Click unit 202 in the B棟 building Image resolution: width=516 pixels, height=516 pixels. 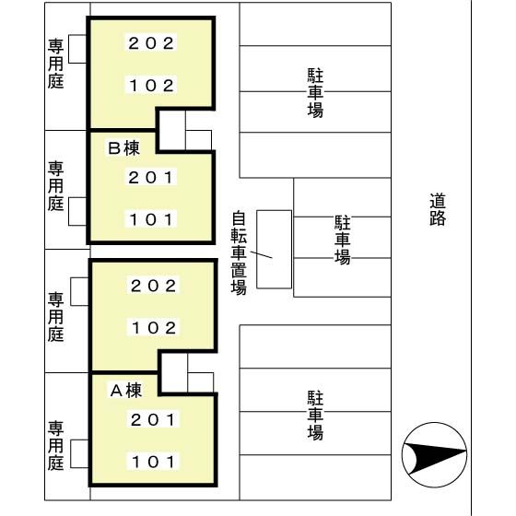pos(151,43)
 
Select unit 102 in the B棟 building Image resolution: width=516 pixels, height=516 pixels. pos(151,86)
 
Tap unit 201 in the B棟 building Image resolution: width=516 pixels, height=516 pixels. pos(150,178)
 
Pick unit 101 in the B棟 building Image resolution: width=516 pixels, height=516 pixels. pos(151,219)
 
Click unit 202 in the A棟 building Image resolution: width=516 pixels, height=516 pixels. pos(153,286)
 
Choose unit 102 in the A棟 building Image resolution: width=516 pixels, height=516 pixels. pos(153,328)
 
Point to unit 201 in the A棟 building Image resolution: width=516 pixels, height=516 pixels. pos(153,419)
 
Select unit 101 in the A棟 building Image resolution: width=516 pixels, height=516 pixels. pos(153,462)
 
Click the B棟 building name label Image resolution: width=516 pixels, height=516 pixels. pos(124,148)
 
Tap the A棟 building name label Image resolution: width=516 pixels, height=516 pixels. pos(126,391)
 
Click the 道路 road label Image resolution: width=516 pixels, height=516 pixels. pos(438,209)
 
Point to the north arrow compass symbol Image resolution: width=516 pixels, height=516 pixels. pos(434,455)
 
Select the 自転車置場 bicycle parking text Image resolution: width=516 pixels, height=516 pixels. pos(239,253)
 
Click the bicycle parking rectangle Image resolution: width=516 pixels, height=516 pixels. pos(275,250)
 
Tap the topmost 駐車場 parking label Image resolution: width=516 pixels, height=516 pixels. pos(315,93)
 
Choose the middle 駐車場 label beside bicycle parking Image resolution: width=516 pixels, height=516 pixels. pos(342,240)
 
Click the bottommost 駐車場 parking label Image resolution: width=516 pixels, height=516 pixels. pos(315,416)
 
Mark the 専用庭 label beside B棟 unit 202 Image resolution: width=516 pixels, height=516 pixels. pos(55,64)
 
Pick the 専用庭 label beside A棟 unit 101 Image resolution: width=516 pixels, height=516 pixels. pos(55,446)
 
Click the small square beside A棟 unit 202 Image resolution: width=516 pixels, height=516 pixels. pos(79,291)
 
